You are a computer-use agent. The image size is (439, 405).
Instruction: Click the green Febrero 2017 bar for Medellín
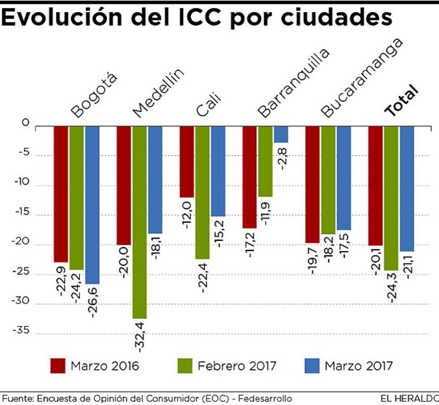140,222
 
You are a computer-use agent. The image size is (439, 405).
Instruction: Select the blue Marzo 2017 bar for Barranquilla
281,134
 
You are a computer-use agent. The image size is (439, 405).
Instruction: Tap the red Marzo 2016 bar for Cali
187,162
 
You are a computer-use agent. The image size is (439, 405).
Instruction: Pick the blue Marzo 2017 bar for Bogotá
92,205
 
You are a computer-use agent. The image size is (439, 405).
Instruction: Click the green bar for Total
391,198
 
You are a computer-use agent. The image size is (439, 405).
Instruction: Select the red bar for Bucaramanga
312,185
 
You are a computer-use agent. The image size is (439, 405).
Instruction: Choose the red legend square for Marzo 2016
58,366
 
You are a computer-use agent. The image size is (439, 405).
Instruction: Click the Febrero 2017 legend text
237,366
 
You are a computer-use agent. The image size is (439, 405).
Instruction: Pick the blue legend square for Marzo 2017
311,366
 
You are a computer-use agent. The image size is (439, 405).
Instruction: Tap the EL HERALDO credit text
409,399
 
